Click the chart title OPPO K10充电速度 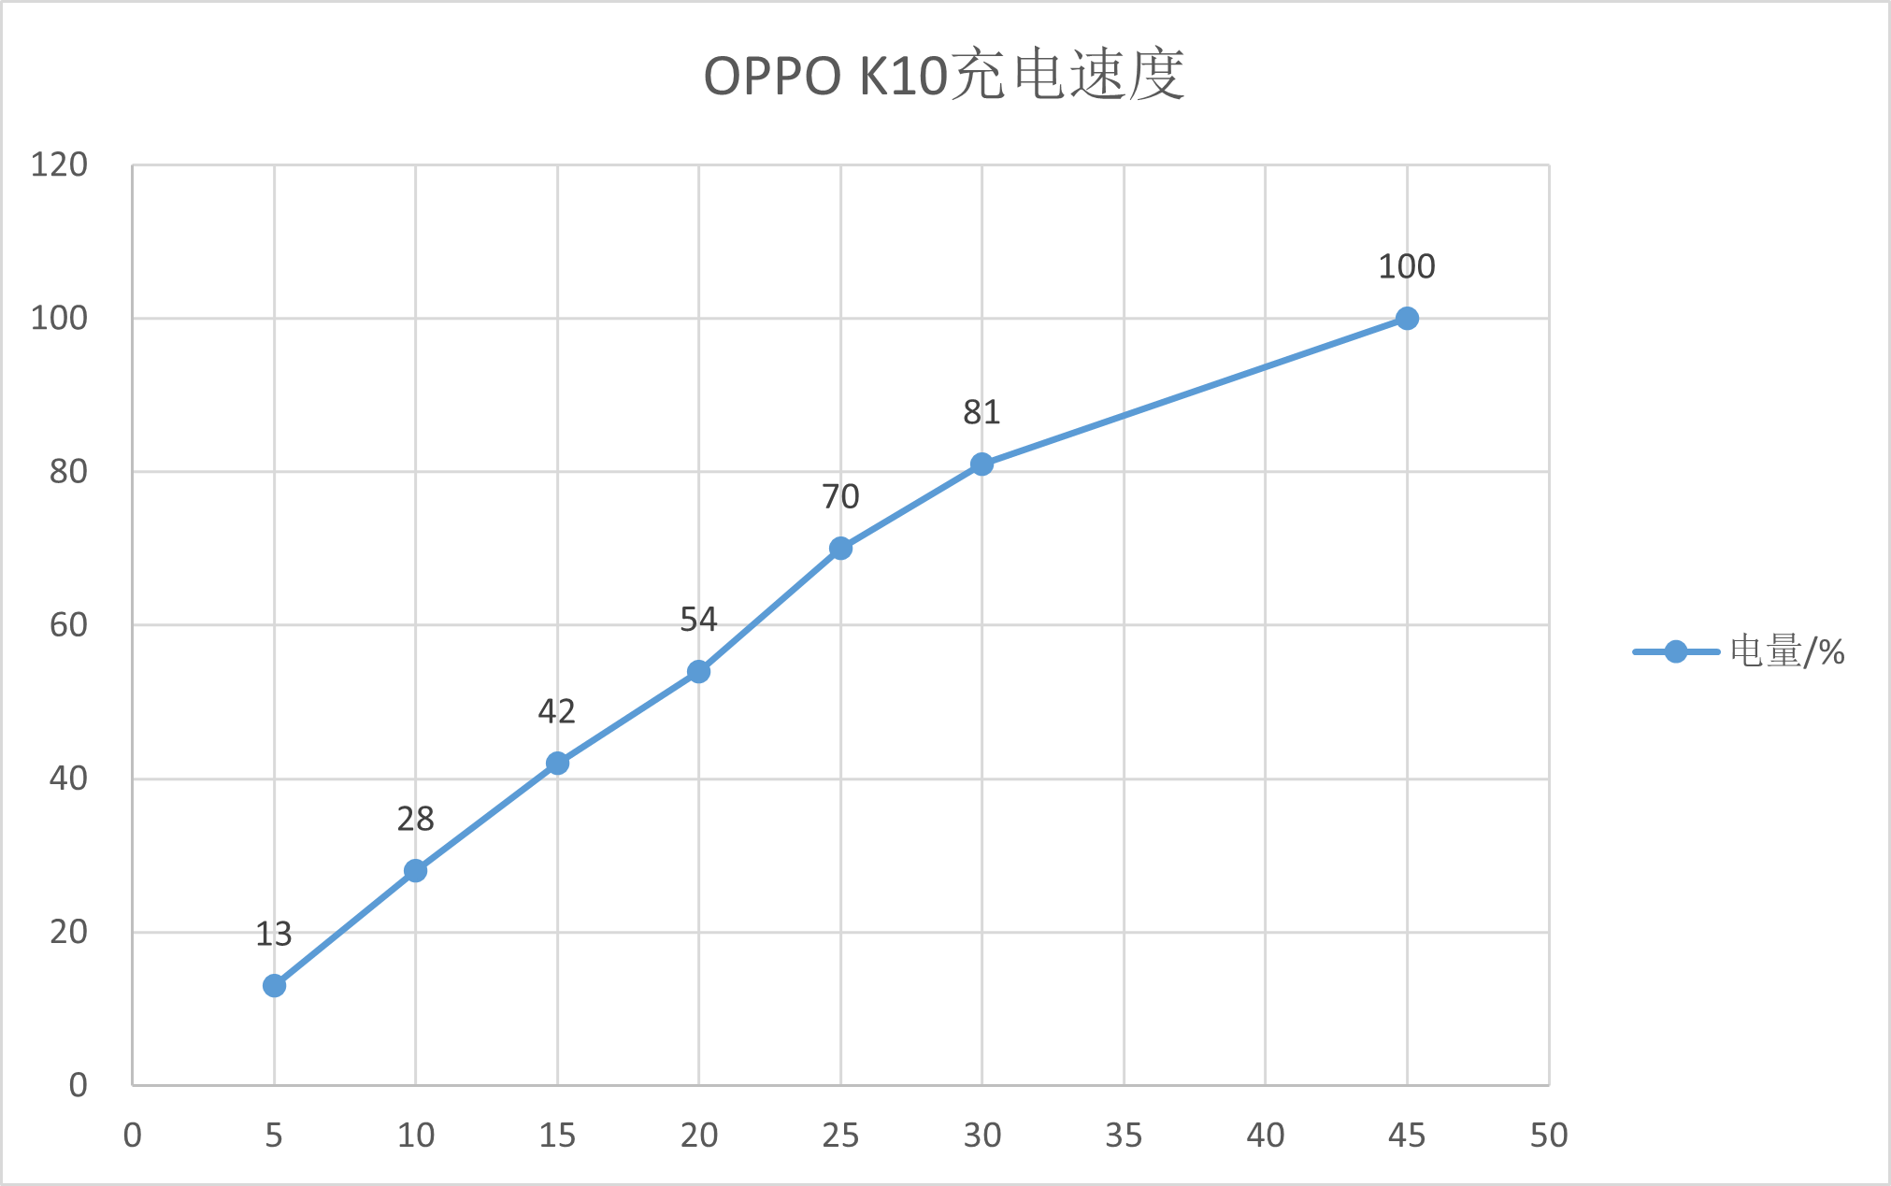944,75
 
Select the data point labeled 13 274,985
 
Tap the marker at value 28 416,871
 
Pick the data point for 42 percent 557,764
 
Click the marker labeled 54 698,672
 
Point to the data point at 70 840,549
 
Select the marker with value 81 981,464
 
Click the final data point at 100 1407,319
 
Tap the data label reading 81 981,412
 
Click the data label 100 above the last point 1407,267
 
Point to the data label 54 698,620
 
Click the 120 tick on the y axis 60,164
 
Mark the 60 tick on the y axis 68,625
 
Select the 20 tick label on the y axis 68,932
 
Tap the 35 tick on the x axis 1124,1136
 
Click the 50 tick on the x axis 1549,1136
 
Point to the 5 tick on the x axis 274,1136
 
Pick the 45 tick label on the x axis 1407,1136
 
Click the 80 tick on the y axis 68,472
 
